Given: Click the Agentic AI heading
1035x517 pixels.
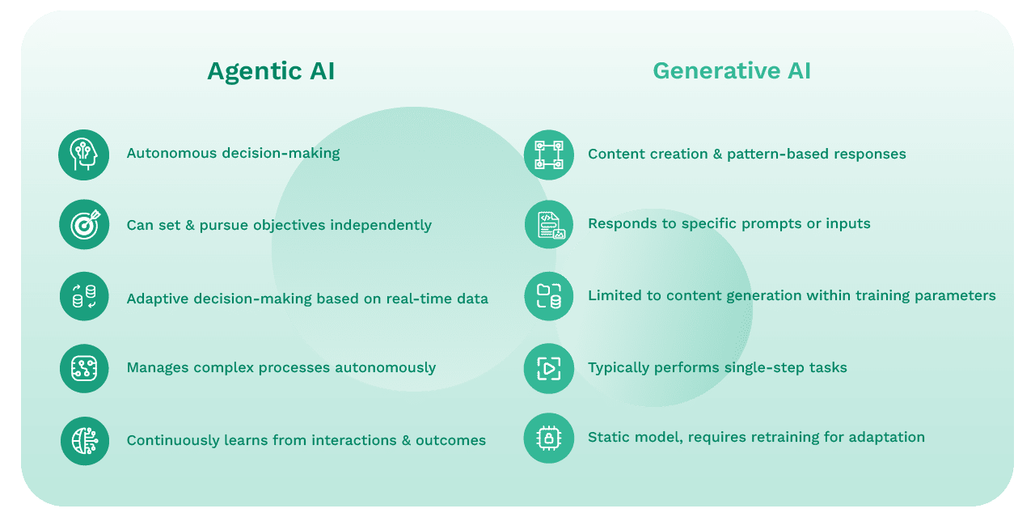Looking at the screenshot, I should click(x=271, y=72).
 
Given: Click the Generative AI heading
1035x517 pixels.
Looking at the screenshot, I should click(x=732, y=72).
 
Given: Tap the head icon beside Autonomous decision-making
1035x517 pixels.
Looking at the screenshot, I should click(x=84, y=155).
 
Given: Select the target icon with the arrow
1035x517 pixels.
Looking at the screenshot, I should click(x=84, y=225).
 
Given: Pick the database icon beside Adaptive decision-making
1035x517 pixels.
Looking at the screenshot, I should click(x=84, y=298).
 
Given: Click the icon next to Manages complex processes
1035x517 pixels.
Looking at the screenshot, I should click(x=84, y=368).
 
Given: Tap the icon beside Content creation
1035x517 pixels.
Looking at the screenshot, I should click(x=548, y=155).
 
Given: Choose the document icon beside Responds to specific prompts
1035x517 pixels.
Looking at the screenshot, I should click(x=548, y=224).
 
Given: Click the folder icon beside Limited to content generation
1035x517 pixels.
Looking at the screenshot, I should click(x=548, y=296).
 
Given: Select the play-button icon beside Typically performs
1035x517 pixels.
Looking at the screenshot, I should click(x=548, y=368).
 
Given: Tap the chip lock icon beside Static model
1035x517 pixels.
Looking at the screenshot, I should click(x=548, y=438).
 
